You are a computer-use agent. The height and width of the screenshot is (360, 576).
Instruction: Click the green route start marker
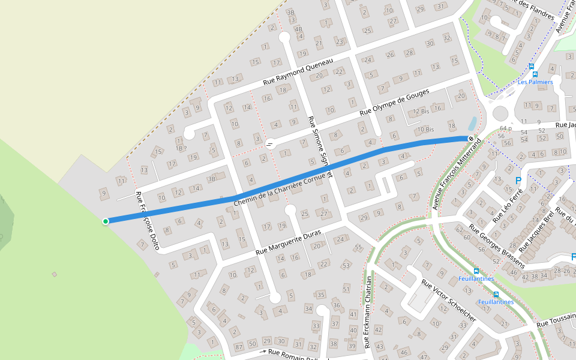pyautogui.click(x=106, y=221)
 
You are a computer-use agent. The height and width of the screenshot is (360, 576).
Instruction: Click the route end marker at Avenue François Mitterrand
pyautogui.click(x=472, y=139)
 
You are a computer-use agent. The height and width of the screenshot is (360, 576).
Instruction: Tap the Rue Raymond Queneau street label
pyautogui.click(x=298, y=73)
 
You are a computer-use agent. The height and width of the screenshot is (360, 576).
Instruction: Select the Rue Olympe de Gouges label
pyautogui.click(x=394, y=103)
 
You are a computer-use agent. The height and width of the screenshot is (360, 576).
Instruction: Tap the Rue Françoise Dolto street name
pyautogui.click(x=148, y=221)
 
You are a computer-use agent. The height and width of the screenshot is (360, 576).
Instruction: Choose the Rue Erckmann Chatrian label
pyautogui.click(x=368, y=311)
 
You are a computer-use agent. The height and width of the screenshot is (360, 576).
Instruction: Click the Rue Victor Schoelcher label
pyautogui.click(x=448, y=300)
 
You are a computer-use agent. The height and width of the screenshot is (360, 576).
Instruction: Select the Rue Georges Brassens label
pyautogui.click(x=497, y=246)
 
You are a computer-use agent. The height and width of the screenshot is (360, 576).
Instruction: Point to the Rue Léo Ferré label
pyautogui.click(x=507, y=206)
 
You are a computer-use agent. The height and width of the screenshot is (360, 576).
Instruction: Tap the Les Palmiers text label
pyautogui.click(x=535, y=82)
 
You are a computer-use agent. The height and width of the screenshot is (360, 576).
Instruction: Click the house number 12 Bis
pyautogui.click(x=421, y=112)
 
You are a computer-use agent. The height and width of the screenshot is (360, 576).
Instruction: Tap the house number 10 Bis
pyautogui.click(x=425, y=129)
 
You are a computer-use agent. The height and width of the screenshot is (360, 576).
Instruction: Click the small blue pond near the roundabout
pyautogui.click(x=473, y=124)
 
